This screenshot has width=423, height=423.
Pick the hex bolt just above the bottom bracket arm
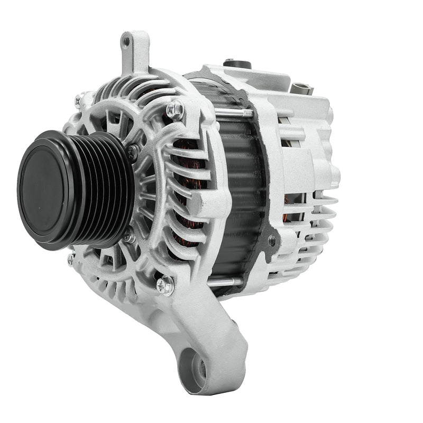(x=164, y=286)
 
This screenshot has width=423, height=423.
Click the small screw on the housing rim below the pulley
(x=71, y=259)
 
